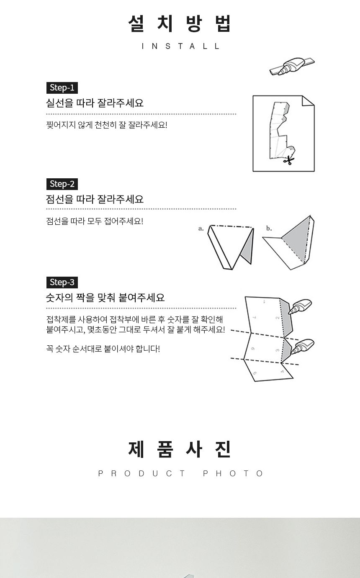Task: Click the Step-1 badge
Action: click(62, 87)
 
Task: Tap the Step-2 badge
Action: click(62, 184)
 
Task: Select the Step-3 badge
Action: click(62, 282)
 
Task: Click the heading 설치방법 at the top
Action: click(180, 23)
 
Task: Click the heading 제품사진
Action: click(180, 450)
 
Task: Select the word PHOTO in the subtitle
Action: click(233, 473)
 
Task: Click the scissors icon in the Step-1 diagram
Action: click(288, 160)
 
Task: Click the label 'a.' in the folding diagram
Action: click(201, 229)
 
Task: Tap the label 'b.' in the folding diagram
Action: click(269, 229)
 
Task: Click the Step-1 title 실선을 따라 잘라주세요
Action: click(95, 103)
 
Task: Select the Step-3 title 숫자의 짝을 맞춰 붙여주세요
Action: click(105, 298)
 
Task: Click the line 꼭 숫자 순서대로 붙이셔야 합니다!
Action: click(103, 349)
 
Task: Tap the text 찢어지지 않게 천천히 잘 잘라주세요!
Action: click(107, 125)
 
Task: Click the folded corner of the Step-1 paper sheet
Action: click(308, 101)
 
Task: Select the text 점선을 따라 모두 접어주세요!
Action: click(95, 221)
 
